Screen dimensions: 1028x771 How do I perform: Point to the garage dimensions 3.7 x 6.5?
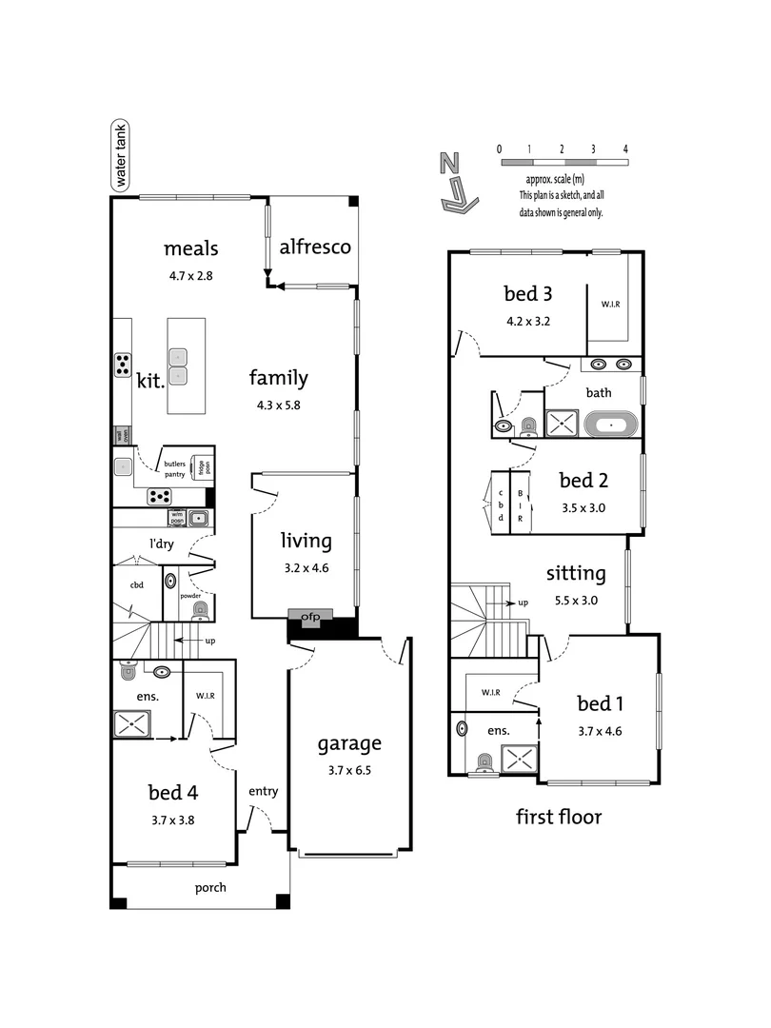coord(349,770)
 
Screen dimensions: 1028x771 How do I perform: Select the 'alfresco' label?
coord(315,247)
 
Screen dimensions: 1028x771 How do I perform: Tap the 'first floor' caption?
coord(559,816)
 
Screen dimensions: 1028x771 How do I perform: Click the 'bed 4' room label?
coord(172,791)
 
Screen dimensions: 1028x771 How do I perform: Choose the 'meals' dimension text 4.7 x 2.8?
coord(191,276)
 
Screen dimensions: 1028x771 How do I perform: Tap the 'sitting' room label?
coord(576,573)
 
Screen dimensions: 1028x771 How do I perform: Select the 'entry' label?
coord(263,791)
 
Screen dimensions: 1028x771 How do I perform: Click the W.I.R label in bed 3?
coord(609,306)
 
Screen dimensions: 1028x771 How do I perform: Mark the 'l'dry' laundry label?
coord(166,544)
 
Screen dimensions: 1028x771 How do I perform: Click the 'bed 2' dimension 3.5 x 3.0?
coord(583,507)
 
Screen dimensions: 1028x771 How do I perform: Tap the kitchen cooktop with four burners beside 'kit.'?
coord(123,364)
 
